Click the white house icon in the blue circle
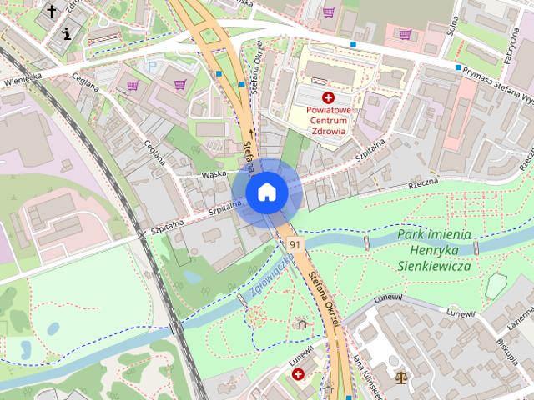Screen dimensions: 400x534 coord(266,192)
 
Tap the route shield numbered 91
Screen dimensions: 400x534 coord(294,244)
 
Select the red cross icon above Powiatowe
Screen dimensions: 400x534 coord(328,97)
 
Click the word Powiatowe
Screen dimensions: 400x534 coord(327,110)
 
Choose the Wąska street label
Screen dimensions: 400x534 coord(214,175)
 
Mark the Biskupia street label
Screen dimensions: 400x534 coord(506,352)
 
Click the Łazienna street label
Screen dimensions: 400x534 coord(521,314)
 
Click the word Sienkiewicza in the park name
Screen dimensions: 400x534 coord(433,267)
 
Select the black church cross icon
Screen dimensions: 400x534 coord(52,11)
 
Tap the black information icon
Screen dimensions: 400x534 coord(67,33)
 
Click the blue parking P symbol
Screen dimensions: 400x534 coord(150,67)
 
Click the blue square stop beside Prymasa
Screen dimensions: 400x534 coord(458,67)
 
